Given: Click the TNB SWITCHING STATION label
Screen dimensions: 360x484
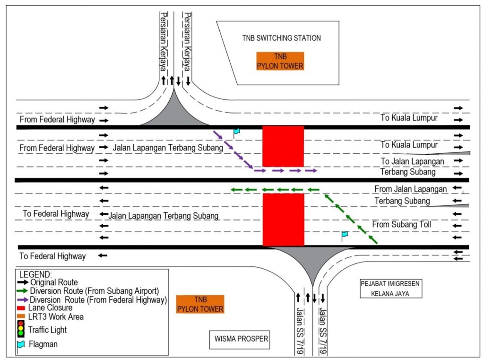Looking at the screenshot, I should tap(282, 38).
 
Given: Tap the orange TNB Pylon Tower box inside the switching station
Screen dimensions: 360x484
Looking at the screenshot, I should tap(280, 61).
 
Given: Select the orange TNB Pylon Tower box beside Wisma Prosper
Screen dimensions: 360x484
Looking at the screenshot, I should tap(200, 304).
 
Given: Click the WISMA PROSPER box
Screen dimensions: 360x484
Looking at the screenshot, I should tap(240, 339).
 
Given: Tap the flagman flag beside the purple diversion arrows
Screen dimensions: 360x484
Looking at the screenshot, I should tap(236, 132).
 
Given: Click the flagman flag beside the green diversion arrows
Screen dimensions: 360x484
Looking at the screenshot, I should tap(344, 235).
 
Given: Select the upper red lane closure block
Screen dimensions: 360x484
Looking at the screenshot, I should tap(283, 146).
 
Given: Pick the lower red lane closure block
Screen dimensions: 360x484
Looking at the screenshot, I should tap(283, 220).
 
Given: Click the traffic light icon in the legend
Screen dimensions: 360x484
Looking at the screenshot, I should tap(21, 330).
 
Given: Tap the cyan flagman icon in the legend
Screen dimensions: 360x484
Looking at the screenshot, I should tap(21, 344).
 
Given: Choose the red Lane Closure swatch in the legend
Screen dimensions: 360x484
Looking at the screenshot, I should tap(22, 308).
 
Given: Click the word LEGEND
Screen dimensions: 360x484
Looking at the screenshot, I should tap(36, 274).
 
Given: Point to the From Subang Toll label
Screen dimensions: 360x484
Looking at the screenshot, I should tap(401, 225).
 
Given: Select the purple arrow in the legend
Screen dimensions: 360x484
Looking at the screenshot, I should tap(22, 300).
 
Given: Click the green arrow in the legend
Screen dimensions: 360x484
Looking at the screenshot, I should tap(22, 291).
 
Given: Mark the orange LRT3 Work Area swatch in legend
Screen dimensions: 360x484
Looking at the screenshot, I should tap(22, 316).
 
